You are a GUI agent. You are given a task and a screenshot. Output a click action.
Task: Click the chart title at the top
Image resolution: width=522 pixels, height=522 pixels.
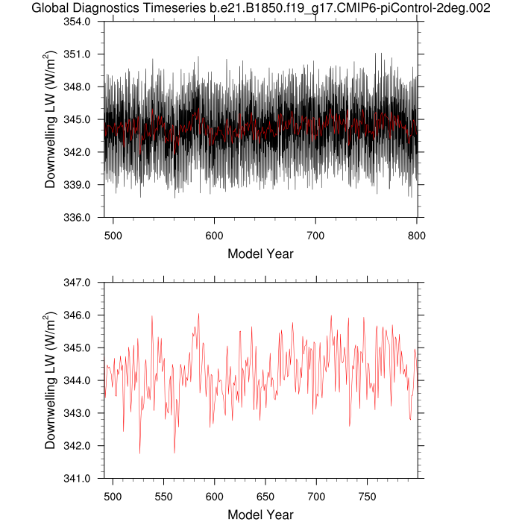[x=261, y=8]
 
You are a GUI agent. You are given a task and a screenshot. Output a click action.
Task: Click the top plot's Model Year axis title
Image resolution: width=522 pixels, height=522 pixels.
[x=260, y=254]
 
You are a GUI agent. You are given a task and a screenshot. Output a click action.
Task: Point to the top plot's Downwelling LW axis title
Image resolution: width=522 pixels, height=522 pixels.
[x=50, y=119]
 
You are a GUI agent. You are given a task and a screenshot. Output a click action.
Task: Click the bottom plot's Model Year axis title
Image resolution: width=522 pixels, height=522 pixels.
[x=260, y=515]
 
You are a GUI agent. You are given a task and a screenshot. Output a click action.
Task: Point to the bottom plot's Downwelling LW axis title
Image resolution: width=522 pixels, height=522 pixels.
[x=50, y=380]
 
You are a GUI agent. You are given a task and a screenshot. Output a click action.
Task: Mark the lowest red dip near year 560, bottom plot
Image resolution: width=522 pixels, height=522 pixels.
[x=174, y=453]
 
